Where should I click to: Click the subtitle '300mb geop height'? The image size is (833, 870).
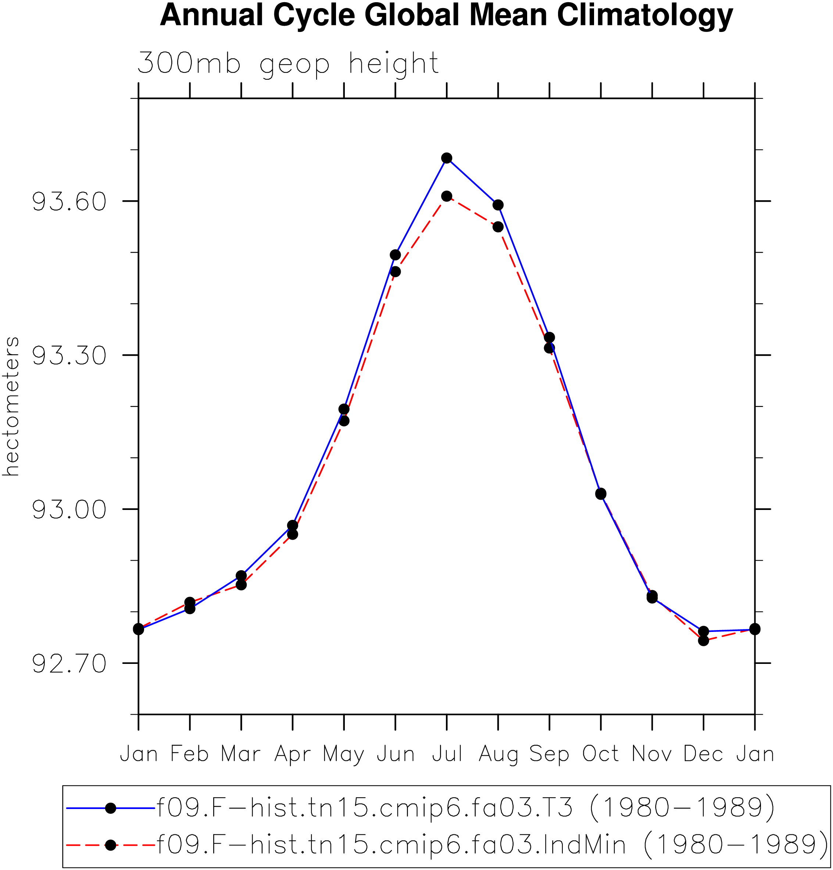288,64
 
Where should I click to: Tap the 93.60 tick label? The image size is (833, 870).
69,202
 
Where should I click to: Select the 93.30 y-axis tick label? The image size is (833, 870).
69,356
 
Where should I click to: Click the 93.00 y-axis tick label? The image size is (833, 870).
69,510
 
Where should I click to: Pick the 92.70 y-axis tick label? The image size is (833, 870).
69,664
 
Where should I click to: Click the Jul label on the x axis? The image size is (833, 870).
447,755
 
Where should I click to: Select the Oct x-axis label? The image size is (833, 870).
601,755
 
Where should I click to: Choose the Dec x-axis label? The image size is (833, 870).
703,755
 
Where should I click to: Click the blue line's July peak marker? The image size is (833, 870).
447,158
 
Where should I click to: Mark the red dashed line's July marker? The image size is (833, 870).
447,196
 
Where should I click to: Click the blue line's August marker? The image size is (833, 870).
498,205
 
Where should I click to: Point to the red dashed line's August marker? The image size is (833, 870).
498,227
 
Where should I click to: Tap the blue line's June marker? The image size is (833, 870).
396,255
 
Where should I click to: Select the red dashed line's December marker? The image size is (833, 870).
703,640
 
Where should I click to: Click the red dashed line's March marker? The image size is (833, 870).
241,585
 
